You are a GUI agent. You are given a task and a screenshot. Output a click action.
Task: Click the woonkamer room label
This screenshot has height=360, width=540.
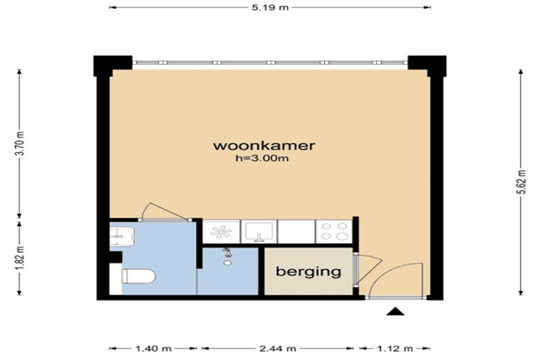pyautogui.click(x=264, y=146)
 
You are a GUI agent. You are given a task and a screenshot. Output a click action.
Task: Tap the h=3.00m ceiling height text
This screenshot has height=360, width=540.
pyautogui.click(x=262, y=158)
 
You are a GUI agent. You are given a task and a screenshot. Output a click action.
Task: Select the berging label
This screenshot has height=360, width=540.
pyautogui.click(x=309, y=272)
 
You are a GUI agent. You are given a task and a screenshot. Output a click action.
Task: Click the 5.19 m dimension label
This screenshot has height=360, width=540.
pyautogui.click(x=270, y=7)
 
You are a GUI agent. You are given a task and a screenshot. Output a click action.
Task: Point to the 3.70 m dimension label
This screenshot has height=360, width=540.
pyautogui.click(x=21, y=144)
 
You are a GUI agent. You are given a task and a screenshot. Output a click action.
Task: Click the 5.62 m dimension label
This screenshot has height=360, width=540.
pyautogui.click(x=522, y=182)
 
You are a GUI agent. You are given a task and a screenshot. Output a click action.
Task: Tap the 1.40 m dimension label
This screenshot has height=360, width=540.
pyautogui.click(x=153, y=348)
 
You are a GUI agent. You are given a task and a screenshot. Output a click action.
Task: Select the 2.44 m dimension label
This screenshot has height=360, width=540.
pyautogui.click(x=277, y=348)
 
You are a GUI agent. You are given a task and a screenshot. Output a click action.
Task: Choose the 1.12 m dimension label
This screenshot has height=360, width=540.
pyautogui.click(x=395, y=348)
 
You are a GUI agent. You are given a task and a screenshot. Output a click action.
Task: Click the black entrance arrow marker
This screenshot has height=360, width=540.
pyautogui.click(x=395, y=311)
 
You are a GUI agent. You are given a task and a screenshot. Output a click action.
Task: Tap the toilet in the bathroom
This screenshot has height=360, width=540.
pyautogui.click(x=139, y=276)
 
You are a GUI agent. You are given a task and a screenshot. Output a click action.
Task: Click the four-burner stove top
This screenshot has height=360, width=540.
pyautogui.click(x=334, y=231)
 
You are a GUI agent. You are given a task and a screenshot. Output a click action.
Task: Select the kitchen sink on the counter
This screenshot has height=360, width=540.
pyautogui.click(x=258, y=231)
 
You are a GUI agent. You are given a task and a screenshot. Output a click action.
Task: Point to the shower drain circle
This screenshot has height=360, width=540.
pyautogui.click(x=227, y=263)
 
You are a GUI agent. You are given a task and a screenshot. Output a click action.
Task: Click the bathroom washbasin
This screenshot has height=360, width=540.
pyautogui.click(x=121, y=237)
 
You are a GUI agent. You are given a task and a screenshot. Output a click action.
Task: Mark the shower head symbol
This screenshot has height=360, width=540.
pyautogui.click(x=226, y=252)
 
